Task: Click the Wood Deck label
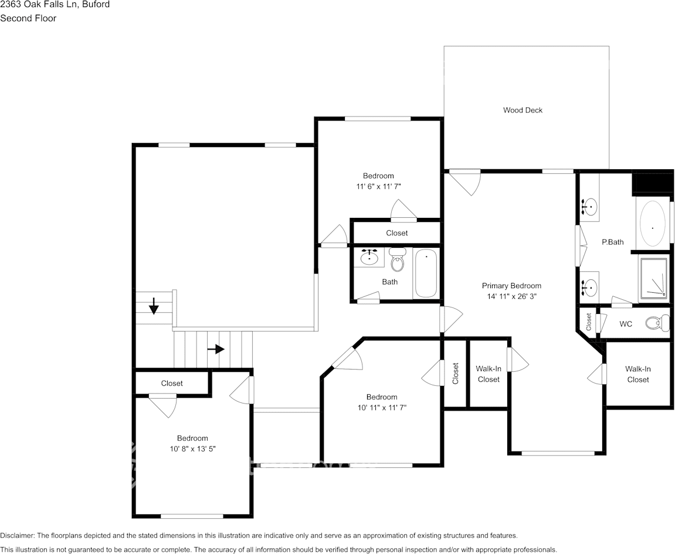pyautogui.click(x=523, y=110)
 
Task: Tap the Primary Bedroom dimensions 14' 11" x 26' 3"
pyautogui.click(x=511, y=296)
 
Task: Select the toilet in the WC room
pyautogui.click(x=657, y=323)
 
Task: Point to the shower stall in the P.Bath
pyautogui.click(x=653, y=279)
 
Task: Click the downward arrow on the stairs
pyautogui.click(x=154, y=306)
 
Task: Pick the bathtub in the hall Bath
pyautogui.click(x=426, y=273)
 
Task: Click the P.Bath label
pyautogui.click(x=612, y=242)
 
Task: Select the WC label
pyautogui.click(x=626, y=324)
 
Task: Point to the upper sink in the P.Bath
pyautogui.click(x=591, y=207)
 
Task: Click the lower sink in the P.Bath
pyautogui.click(x=591, y=287)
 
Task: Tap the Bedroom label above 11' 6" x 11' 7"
pyautogui.click(x=378, y=176)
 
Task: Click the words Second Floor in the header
pyautogui.click(x=28, y=18)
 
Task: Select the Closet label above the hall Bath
pyautogui.click(x=396, y=233)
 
